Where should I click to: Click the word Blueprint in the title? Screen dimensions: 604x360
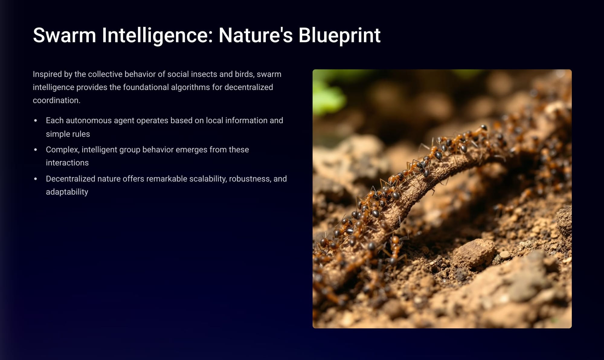tap(339, 36)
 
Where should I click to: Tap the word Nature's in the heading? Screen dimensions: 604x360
tap(255, 35)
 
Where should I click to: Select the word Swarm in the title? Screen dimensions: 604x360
tap(64, 35)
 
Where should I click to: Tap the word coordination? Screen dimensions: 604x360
tap(56, 100)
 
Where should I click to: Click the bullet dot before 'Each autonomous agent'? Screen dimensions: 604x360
tap(36, 120)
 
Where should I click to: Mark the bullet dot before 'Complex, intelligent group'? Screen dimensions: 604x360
tap(36, 150)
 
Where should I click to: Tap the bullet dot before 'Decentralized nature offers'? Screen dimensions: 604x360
tap(36, 179)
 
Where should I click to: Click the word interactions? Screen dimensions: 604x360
tap(67, 163)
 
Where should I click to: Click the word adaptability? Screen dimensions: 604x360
tap(67, 192)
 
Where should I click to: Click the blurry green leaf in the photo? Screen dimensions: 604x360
tap(328, 94)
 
